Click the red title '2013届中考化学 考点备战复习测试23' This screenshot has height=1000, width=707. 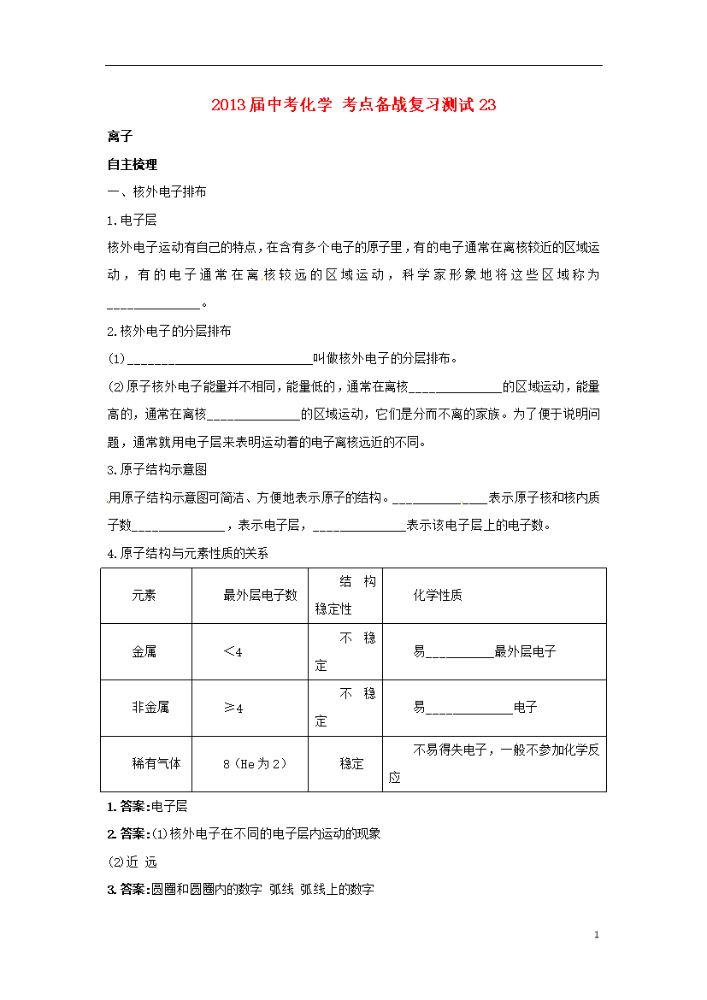click(353, 105)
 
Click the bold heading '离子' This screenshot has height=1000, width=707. click(119, 137)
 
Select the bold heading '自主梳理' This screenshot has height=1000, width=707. click(133, 164)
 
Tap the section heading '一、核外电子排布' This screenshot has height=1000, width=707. click(156, 191)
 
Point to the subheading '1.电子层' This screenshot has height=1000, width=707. click(133, 220)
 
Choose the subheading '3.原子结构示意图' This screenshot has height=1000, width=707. click(157, 469)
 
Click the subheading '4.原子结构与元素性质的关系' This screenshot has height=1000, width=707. click(188, 553)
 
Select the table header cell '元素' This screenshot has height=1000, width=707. click(144, 595)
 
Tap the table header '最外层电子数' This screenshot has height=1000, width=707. click(260, 595)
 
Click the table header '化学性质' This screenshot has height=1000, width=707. click(438, 595)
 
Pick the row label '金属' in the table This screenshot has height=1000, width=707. click(144, 651)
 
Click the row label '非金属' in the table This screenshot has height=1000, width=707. click(150, 707)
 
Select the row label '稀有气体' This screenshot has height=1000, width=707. click(156, 763)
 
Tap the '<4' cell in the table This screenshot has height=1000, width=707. click(233, 651)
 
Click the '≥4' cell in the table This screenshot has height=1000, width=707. click(233, 708)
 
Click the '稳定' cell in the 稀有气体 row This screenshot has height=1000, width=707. click(351, 763)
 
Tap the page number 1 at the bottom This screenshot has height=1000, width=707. click(597, 935)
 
